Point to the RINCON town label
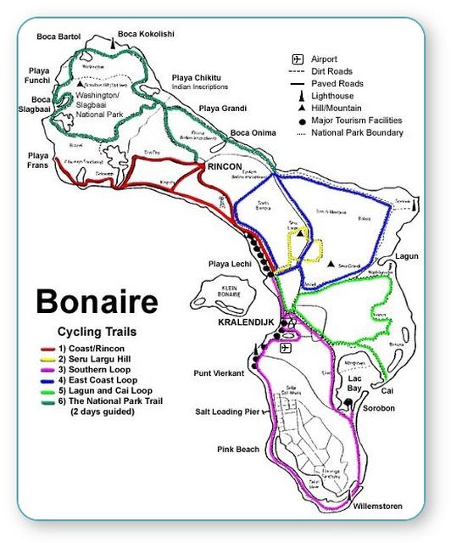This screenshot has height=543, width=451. coord(224,167)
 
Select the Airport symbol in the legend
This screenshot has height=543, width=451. coord(298,59)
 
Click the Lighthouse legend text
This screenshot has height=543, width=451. coord(337,97)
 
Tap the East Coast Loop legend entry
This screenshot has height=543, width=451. coord(103,380)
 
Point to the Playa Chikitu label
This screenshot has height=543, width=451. coord(198,78)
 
